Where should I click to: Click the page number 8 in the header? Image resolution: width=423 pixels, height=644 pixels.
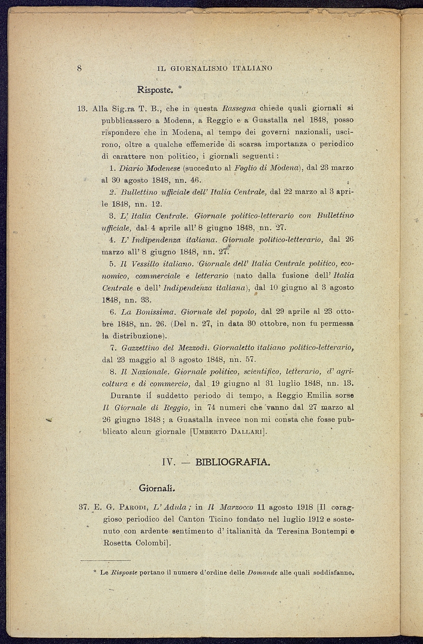tap(80, 68)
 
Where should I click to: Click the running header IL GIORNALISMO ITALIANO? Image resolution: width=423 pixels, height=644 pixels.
tap(215, 68)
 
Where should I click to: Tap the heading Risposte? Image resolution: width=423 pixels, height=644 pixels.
tap(154, 90)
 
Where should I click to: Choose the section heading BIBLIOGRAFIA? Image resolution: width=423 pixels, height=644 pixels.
tap(232, 462)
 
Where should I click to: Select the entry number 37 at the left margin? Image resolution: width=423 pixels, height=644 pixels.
tap(84, 507)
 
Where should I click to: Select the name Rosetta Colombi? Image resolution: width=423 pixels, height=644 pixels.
tap(135, 543)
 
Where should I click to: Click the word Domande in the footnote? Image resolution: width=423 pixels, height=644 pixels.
tap(262, 573)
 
